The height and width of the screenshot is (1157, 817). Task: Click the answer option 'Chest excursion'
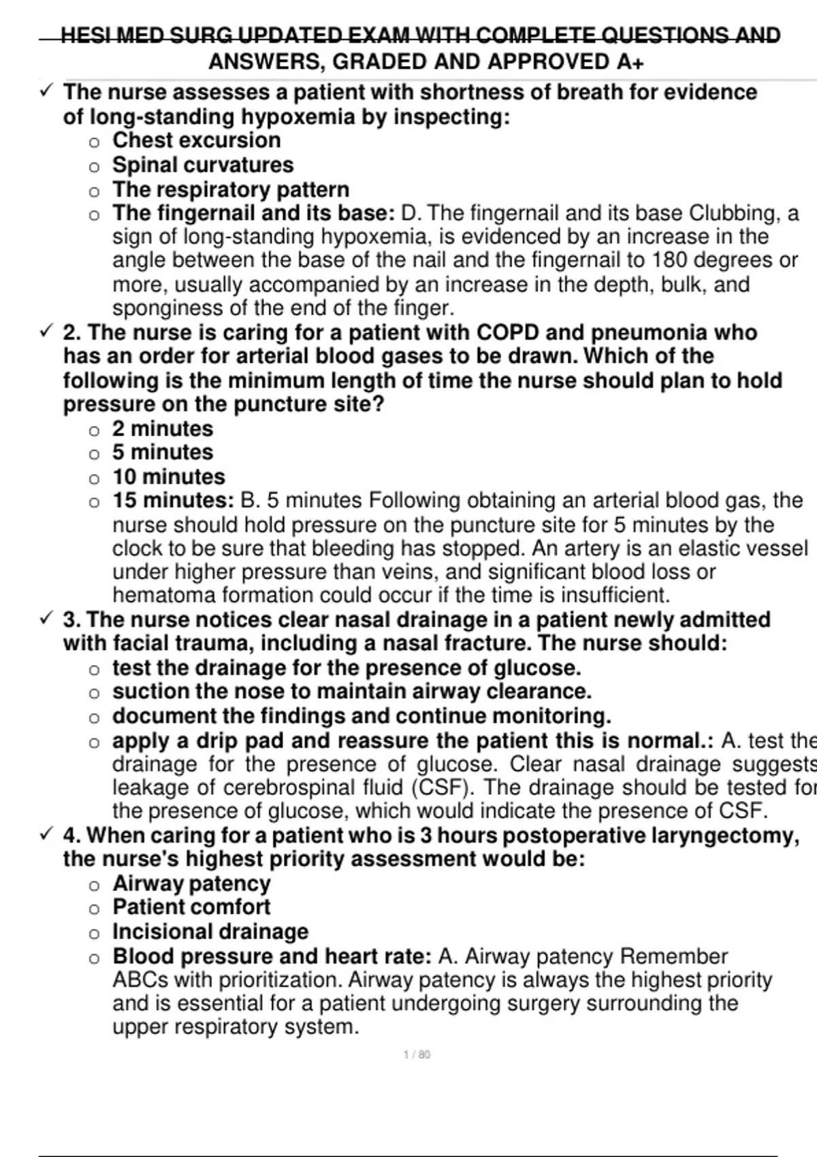click(x=196, y=140)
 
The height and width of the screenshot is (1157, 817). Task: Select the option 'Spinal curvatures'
click(x=202, y=165)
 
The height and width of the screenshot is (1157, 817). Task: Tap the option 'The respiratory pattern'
click(x=230, y=189)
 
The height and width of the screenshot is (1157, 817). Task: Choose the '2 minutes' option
click(x=162, y=429)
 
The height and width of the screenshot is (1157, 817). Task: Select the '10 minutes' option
click(x=168, y=476)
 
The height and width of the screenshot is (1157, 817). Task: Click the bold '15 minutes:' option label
click(x=173, y=500)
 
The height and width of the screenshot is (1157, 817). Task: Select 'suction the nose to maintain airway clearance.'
click(x=351, y=691)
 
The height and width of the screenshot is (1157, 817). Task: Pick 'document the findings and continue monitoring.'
click(x=362, y=716)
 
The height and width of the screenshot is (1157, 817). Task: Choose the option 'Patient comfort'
click(x=191, y=907)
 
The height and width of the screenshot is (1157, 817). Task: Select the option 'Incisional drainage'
click(x=210, y=932)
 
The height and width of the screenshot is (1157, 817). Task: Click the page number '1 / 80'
click(x=417, y=1055)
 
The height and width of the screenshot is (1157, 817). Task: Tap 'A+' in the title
click(x=630, y=62)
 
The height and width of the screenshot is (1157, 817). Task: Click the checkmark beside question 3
click(x=46, y=619)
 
